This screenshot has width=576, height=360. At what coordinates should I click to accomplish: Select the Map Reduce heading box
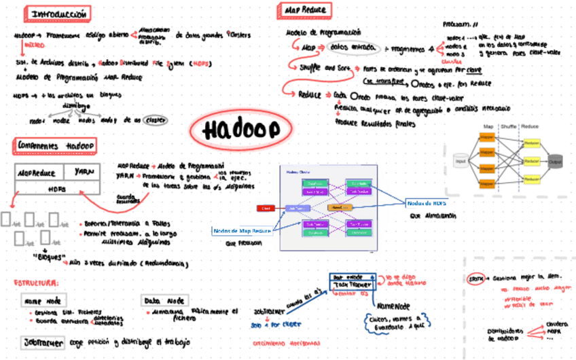[x=304, y=10]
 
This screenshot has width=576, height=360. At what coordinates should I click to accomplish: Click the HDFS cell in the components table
[x=57, y=189]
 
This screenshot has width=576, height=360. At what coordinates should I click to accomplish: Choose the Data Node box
[x=164, y=300]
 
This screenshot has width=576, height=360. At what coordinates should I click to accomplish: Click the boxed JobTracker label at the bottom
[x=42, y=342]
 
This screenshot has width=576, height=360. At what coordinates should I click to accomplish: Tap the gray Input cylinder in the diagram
[x=461, y=160]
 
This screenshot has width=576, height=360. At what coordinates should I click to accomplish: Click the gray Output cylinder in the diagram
[x=556, y=163]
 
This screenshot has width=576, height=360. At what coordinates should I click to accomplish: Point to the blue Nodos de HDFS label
[x=426, y=202]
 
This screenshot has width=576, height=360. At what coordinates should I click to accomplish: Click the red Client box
[x=265, y=208]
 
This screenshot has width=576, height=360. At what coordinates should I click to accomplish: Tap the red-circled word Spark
[x=476, y=278]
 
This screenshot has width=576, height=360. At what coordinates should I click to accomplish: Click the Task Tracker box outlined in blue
[x=350, y=285]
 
